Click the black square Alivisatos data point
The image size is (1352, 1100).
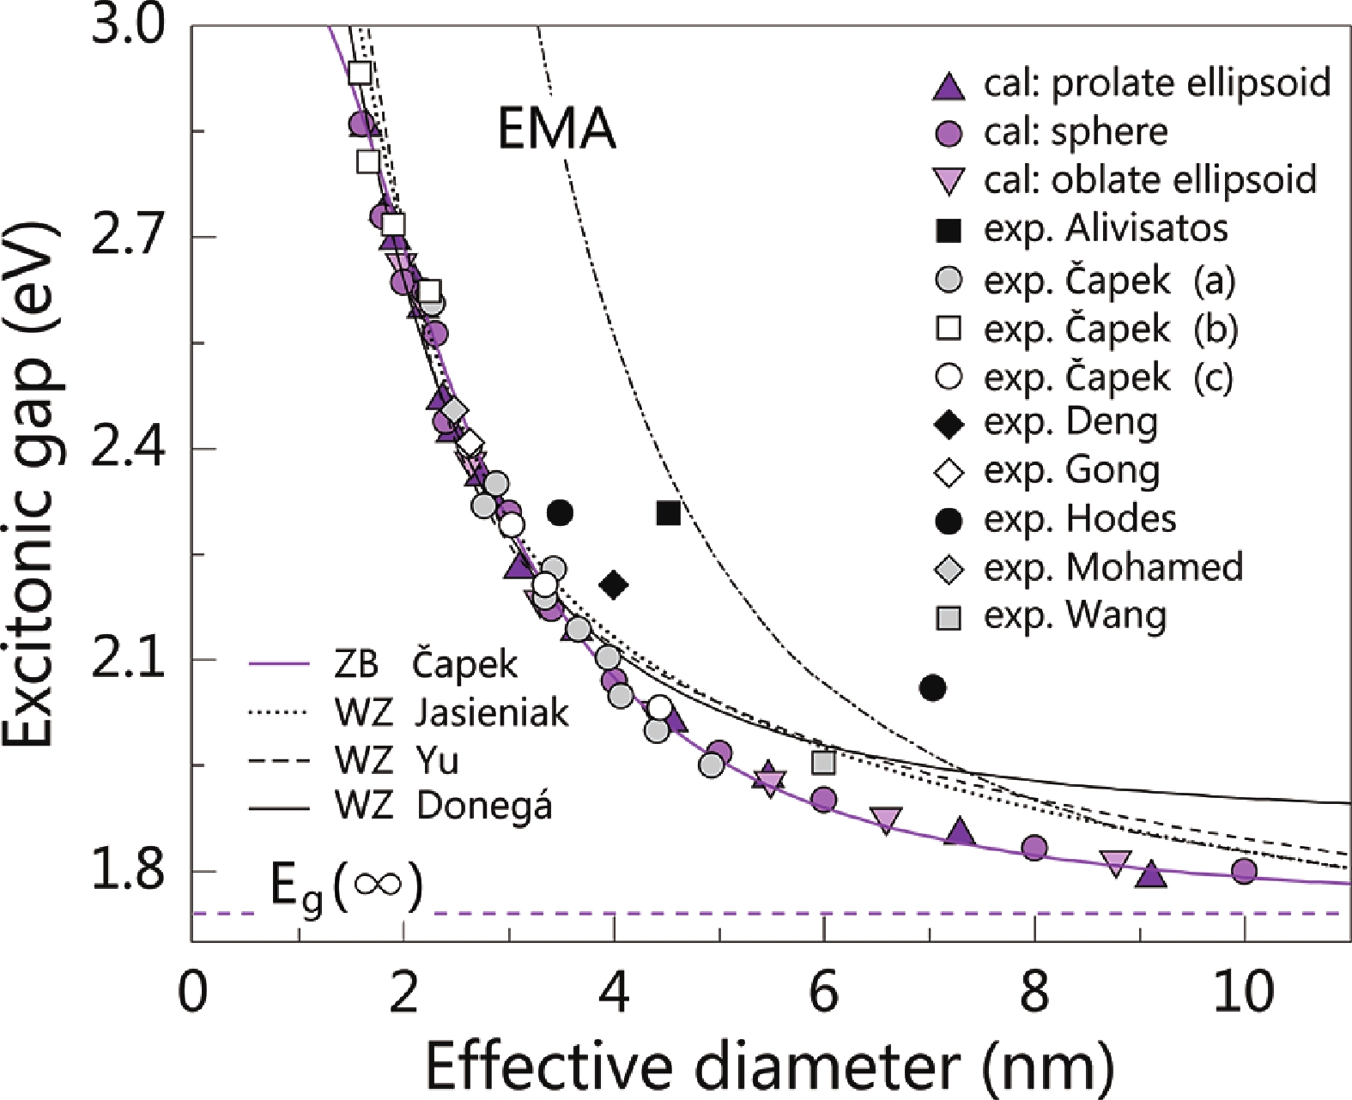669,513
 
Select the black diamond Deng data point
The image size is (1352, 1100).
614,585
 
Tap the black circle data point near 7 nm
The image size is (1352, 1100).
932,687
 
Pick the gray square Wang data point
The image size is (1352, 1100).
823,761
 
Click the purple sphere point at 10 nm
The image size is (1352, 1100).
1244,871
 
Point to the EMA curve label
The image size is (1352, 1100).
556,130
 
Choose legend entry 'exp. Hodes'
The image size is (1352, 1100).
1056,519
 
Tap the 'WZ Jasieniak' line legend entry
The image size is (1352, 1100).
409,712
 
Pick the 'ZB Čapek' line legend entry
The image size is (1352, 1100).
383,664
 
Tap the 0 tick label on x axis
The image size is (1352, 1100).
191,992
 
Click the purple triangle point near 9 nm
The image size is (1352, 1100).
1151,874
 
